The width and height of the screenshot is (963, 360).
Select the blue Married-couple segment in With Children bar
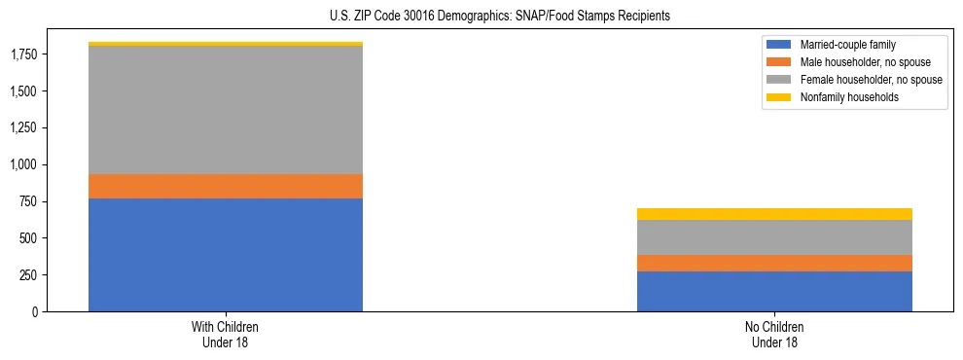click(x=226, y=255)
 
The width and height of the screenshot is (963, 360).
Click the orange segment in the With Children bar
click(x=226, y=186)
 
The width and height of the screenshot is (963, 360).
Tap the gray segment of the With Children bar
click(x=226, y=110)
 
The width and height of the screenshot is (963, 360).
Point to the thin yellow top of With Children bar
click(x=226, y=44)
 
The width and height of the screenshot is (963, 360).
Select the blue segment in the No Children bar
click(x=774, y=291)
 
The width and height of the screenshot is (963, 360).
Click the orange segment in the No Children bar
click(x=774, y=263)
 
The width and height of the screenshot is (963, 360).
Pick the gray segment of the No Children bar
click(x=774, y=237)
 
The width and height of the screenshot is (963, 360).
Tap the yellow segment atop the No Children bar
click(x=774, y=214)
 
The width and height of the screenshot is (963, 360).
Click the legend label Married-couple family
click(x=849, y=45)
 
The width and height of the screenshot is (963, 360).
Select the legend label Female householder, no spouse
click(x=871, y=80)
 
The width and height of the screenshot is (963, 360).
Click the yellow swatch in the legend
click(x=779, y=97)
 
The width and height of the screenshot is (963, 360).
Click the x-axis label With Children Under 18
click(x=226, y=335)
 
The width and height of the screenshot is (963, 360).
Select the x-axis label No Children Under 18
click(x=774, y=335)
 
